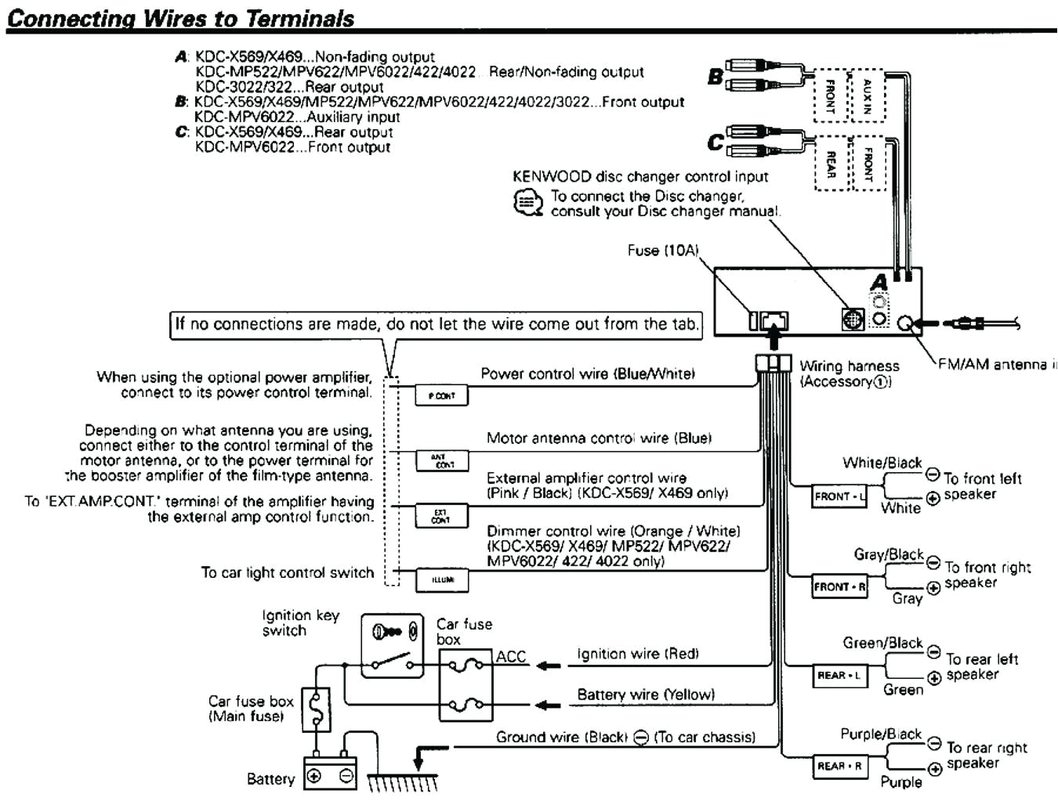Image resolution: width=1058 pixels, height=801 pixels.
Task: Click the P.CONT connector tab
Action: [x=441, y=395]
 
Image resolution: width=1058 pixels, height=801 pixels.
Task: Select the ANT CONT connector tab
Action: [x=441, y=460]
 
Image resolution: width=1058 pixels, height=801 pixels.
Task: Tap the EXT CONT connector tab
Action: [x=441, y=515]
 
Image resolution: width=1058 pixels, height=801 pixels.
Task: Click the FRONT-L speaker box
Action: [x=839, y=496]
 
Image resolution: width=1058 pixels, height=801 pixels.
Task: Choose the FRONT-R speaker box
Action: [x=839, y=586]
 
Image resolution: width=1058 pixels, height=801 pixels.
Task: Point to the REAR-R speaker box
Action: [x=839, y=767]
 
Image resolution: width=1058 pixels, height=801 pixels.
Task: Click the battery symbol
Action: [x=330, y=775]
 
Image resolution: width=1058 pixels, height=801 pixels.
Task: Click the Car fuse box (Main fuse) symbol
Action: [x=316, y=709]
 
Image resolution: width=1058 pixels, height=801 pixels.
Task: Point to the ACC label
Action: [x=511, y=657]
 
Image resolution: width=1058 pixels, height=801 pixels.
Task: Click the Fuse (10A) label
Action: [x=662, y=251]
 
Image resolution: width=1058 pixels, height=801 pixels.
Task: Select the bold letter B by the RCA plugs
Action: [x=715, y=77]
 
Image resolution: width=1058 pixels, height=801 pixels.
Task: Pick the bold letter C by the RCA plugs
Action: [x=715, y=143]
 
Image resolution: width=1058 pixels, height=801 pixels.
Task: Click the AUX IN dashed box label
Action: [x=868, y=96]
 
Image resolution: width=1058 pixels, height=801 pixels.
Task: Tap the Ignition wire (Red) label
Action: [x=637, y=654]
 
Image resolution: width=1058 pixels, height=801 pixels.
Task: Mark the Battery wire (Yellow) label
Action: [x=645, y=695]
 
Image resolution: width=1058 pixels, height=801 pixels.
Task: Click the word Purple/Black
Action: [x=881, y=734]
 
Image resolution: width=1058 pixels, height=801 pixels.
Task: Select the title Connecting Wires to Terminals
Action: [x=180, y=19]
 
